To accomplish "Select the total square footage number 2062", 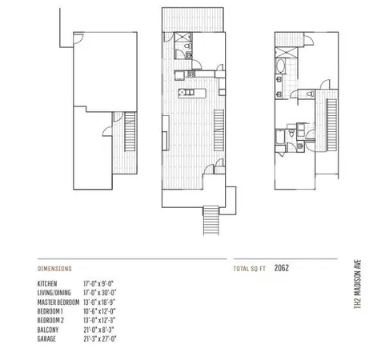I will [281, 268].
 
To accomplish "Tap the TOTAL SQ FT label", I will [249, 269].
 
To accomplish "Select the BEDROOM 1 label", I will [50, 310].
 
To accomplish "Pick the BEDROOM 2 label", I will [50, 319].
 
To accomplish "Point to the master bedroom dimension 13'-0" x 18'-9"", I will [100, 302].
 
